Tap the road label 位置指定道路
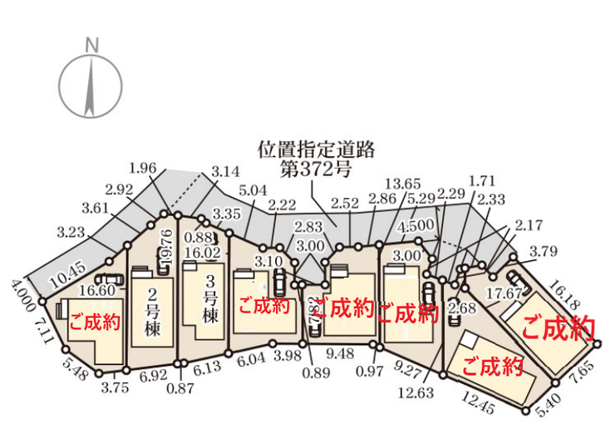pyautogui.click(x=317, y=150)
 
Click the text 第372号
pyautogui.click(x=316, y=171)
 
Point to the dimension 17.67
pyautogui.click(x=504, y=293)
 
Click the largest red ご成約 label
pyautogui.click(x=558, y=328)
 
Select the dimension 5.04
pyautogui.click(x=252, y=190)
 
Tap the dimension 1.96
pyautogui.click(x=143, y=168)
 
